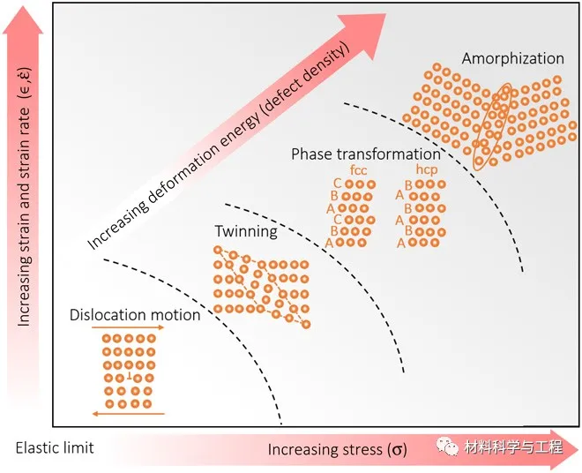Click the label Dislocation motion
(134, 315)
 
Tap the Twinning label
(246, 232)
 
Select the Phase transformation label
(366, 154)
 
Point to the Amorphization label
(512, 58)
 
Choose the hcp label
(428, 169)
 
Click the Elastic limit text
(55, 447)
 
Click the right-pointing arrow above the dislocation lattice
(133, 327)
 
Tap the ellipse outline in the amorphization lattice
(490, 124)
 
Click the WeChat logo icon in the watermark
(448, 447)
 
